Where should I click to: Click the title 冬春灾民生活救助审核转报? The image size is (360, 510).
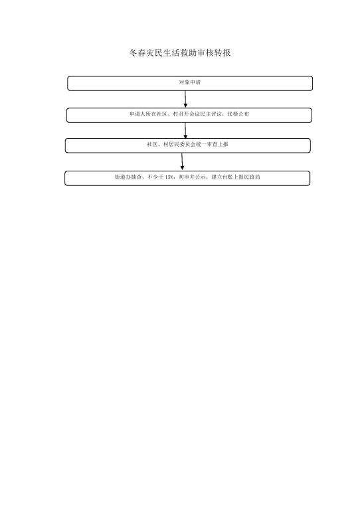click(180, 52)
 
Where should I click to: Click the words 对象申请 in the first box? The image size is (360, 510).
click(190, 82)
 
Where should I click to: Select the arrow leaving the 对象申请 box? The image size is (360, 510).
click(185, 99)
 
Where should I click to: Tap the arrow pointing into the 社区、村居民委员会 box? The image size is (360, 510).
click(185, 130)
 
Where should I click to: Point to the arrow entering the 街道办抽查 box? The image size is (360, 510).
click(182, 161)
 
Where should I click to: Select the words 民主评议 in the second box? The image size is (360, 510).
click(211, 114)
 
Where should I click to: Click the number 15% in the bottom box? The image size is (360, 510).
click(169, 177)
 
